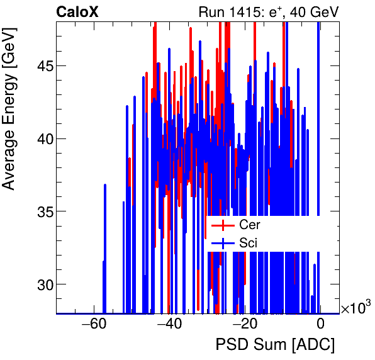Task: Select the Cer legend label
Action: tap(249, 225)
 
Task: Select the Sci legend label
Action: tap(248, 242)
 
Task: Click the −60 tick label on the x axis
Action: tap(94, 325)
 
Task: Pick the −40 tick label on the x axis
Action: tap(169, 325)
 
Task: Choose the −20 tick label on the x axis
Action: tap(245, 325)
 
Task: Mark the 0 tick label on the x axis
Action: tap(320, 325)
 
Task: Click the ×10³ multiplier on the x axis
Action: tap(355, 308)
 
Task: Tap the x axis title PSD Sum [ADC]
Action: tap(275, 345)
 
